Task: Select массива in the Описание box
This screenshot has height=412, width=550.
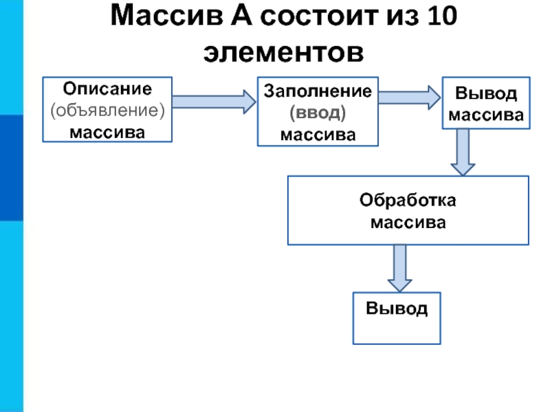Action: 107,130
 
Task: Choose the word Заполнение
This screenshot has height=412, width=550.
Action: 318,91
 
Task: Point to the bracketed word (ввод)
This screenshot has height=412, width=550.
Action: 318,112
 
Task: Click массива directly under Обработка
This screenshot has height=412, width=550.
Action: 408,222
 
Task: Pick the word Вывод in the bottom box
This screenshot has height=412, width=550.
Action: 397,308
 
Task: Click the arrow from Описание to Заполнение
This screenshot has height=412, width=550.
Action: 214,102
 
